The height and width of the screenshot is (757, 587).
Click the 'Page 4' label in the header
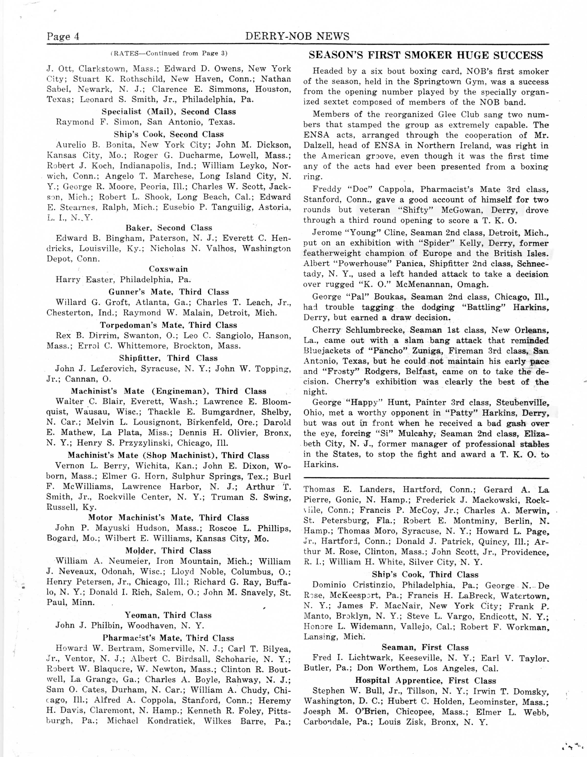tap(63, 36)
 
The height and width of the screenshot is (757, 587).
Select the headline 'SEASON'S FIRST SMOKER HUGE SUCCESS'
tap(426, 56)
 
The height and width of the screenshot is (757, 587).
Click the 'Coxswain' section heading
tap(168, 269)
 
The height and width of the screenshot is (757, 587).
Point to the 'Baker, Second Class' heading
tap(169, 228)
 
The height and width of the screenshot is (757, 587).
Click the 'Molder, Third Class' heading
tap(168, 551)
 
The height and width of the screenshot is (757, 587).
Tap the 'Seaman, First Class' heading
tap(425, 647)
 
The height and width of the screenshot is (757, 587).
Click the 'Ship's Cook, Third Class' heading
tap(425, 574)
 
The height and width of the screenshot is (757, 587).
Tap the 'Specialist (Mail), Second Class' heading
tap(169, 112)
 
